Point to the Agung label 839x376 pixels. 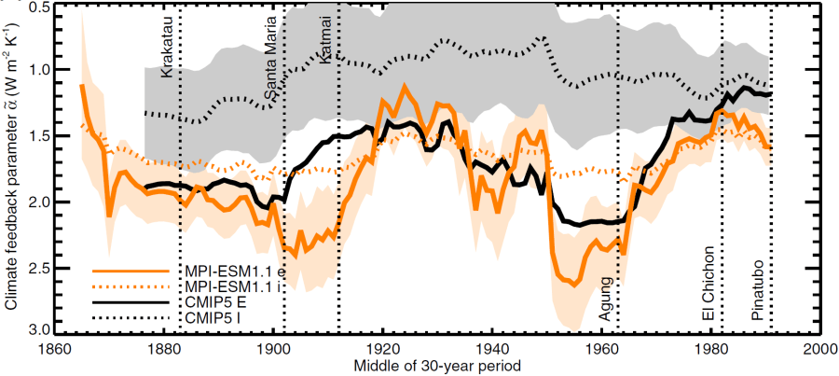606,299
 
